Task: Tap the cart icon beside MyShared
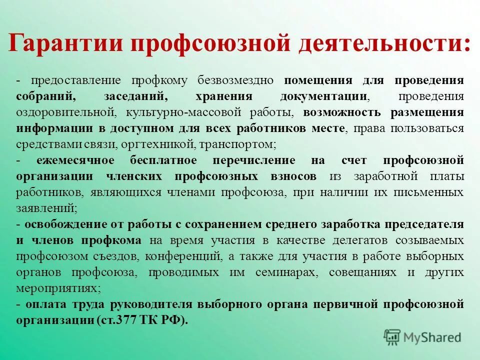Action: point(393,336)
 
